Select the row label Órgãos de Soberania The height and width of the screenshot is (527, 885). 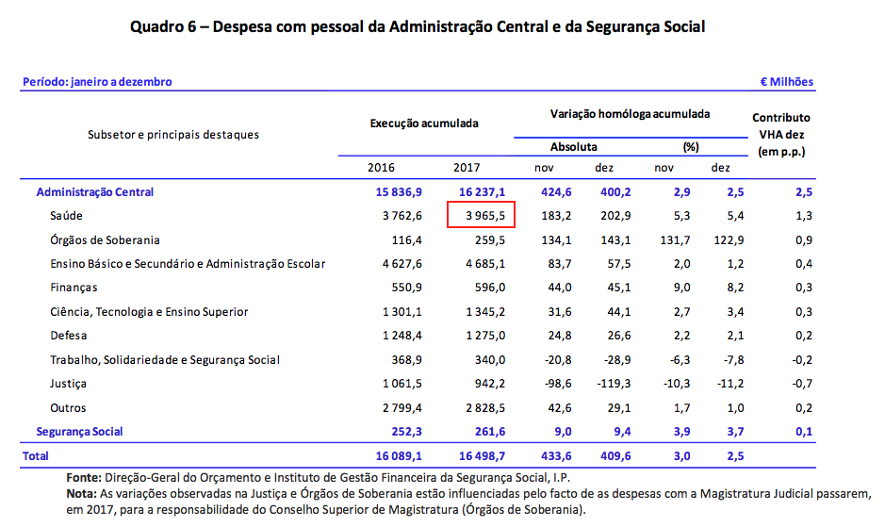pos(105,240)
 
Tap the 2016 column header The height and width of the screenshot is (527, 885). pos(381,168)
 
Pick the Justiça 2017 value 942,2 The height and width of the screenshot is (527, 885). pos(488,384)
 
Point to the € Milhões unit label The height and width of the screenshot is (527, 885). pos(786,82)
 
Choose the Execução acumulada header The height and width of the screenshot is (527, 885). pos(424,124)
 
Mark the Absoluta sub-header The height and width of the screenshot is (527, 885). pos(573,147)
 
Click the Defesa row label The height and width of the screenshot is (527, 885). pos(69,336)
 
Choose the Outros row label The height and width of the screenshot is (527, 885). pos(69,408)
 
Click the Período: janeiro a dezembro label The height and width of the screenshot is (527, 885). pos(97,82)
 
